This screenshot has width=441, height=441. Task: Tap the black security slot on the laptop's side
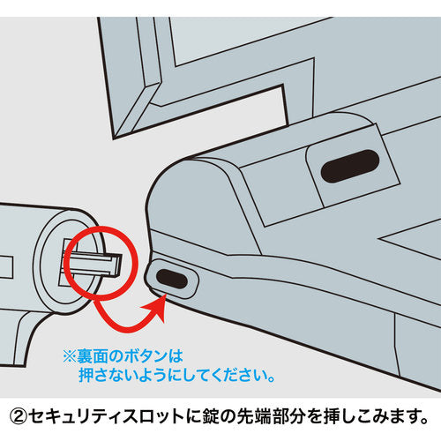pos(172,279)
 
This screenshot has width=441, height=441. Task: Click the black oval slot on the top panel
pos(350,166)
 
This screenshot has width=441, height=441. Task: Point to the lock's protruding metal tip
pos(97,264)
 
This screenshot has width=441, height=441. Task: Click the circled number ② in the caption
pos(19,416)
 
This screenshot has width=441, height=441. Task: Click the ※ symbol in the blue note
pos(70,356)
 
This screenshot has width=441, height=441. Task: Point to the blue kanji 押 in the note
pos(86,375)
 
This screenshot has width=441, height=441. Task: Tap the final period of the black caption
pos(424,421)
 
